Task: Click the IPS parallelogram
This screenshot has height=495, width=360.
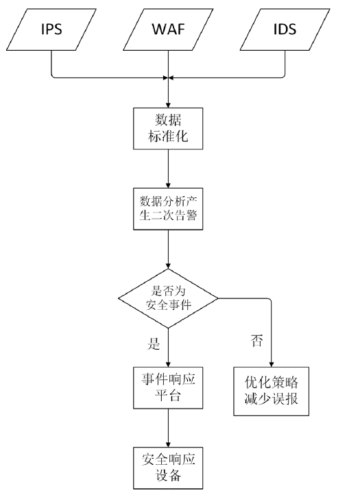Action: pos(51,29)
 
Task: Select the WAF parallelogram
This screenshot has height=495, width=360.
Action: pos(168,29)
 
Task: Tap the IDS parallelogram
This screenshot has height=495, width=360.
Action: pos(285,29)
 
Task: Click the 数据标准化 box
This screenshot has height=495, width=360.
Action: pos(168,128)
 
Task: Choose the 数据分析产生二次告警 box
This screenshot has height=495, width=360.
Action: pos(168,208)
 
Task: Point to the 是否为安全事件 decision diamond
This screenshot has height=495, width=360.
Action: pos(168,298)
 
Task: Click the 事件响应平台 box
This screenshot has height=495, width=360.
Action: pos(168,387)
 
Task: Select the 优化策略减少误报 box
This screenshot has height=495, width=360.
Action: pos(272,391)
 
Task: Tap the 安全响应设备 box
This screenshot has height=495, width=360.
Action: pos(168,468)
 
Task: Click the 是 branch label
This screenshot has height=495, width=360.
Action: pos(154,343)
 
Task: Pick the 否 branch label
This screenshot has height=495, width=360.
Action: pos(257,340)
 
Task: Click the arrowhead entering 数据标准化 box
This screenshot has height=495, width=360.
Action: pos(168,105)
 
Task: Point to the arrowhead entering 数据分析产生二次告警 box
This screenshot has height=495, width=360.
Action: pos(168,185)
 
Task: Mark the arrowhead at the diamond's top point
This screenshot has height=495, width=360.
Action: pos(168,266)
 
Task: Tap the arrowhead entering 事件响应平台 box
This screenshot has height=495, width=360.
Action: pos(168,364)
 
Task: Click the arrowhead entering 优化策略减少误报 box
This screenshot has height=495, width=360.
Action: pos(272,364)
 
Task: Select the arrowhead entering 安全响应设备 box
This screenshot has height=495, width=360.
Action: pos(168,444)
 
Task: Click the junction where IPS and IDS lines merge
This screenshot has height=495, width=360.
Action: pos(168,77)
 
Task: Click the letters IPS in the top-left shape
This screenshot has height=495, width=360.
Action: pos(51,29)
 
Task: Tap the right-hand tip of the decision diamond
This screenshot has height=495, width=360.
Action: pos(218,298)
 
